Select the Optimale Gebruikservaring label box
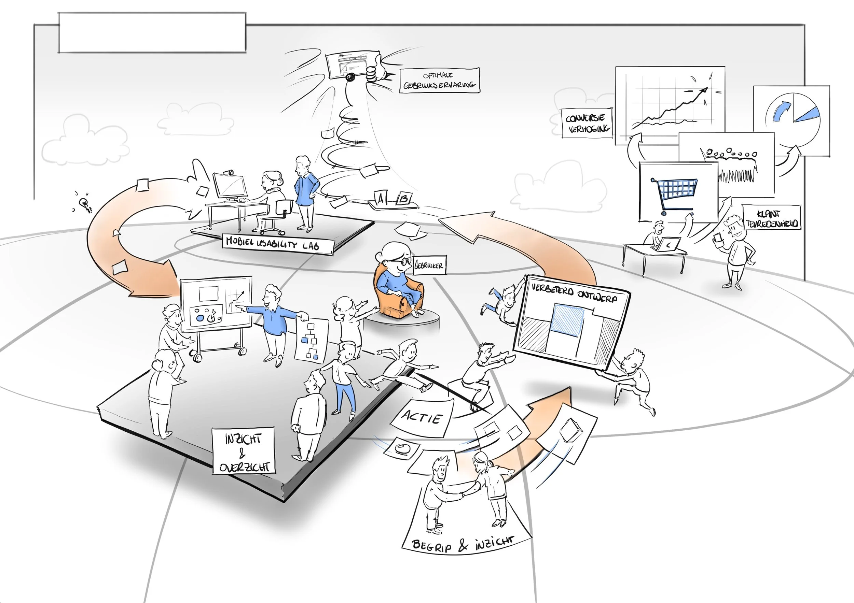[439, 80]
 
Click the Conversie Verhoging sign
[587, 123]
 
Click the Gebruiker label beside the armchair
[429, 265]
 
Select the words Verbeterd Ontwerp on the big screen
[574, 293]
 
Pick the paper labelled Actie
[422, 418]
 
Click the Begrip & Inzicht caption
[463, 545]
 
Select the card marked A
[380, 198]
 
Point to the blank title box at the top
[152, 33]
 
